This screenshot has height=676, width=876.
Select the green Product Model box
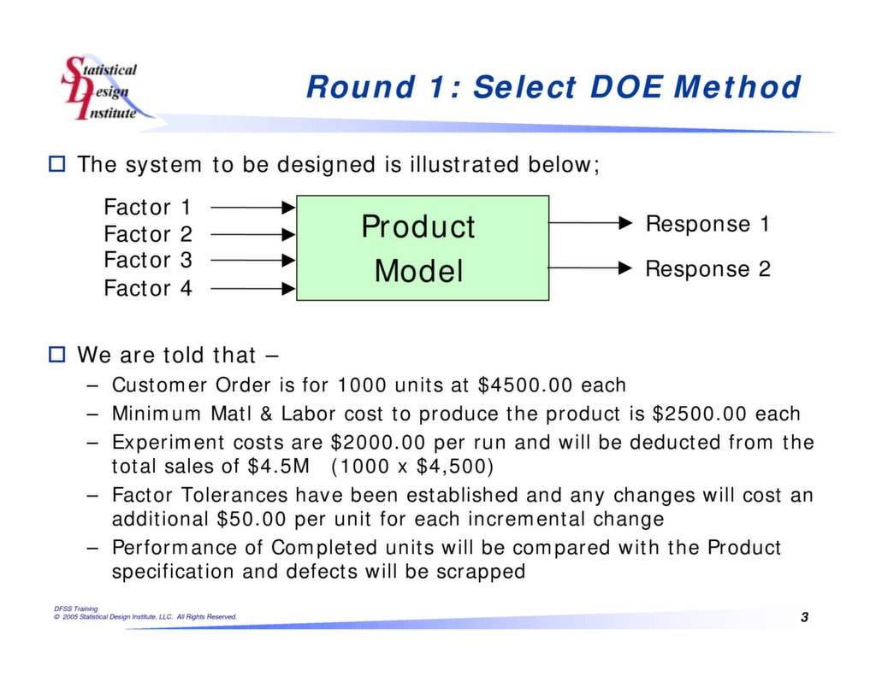[423, 248]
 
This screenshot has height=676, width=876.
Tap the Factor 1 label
[148, 208]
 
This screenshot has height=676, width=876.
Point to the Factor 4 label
[148, 289]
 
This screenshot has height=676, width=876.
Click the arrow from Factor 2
[252, 233]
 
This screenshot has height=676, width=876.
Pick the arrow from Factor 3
[252, 261]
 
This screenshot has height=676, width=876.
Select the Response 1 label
[707, 224]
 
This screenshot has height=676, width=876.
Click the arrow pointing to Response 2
[589, 268]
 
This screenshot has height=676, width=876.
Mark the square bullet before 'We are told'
[57, 354]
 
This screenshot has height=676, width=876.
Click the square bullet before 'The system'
[57, 164]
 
